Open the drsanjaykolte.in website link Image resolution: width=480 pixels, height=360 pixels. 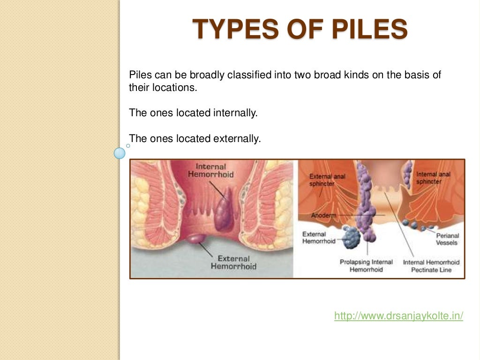click(398, 316)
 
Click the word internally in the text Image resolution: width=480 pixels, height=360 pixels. click(236, 113)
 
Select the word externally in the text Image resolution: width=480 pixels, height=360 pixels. click(237, 138)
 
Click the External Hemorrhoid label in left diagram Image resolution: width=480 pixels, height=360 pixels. click(233, 262)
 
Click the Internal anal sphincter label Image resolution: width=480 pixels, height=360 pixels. click(433, 178)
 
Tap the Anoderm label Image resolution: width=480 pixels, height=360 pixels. click(323, 216)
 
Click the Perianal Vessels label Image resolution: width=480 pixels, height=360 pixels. click(447, 239)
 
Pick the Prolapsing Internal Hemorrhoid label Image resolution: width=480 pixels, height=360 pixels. click(366, 266)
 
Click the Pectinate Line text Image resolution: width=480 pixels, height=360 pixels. click(431, 270)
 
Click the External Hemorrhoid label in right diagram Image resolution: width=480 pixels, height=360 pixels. click(319, 238)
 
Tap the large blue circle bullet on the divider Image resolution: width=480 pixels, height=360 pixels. click(120, 153)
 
